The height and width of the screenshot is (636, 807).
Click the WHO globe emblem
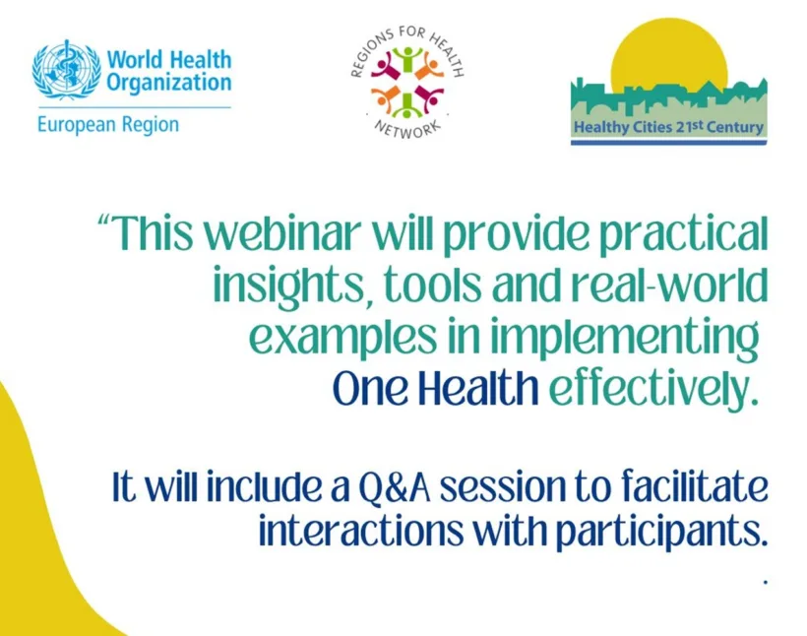click(x=67, y=70)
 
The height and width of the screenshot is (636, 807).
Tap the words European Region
click(x=108, y=125)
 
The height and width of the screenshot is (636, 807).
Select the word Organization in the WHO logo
click(x=169, y=84)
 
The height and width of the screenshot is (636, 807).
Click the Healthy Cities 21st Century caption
click(x=668, y=127)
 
